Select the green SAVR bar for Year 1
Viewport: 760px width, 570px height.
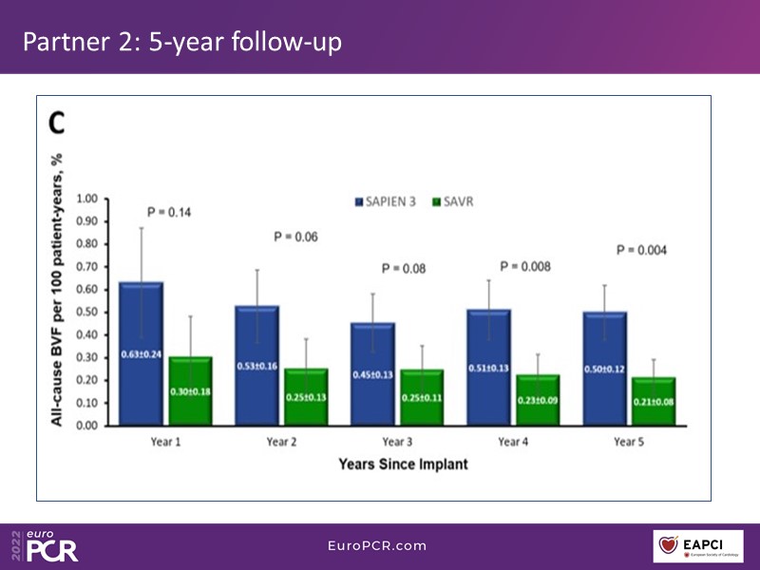tap(190, 390)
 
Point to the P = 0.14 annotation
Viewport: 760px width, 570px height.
tap(169, 212)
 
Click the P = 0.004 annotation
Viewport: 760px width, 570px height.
tap(643, 250)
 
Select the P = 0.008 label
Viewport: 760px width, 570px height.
tap(526, 267)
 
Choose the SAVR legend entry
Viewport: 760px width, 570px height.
tap(452, 202)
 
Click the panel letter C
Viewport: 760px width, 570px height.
tap(57, 123)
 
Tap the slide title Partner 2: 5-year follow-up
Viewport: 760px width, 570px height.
tap(180, 43)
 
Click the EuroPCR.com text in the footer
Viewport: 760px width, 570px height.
tap(377, 545)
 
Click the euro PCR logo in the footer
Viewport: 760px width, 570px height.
tap(47, 544)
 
